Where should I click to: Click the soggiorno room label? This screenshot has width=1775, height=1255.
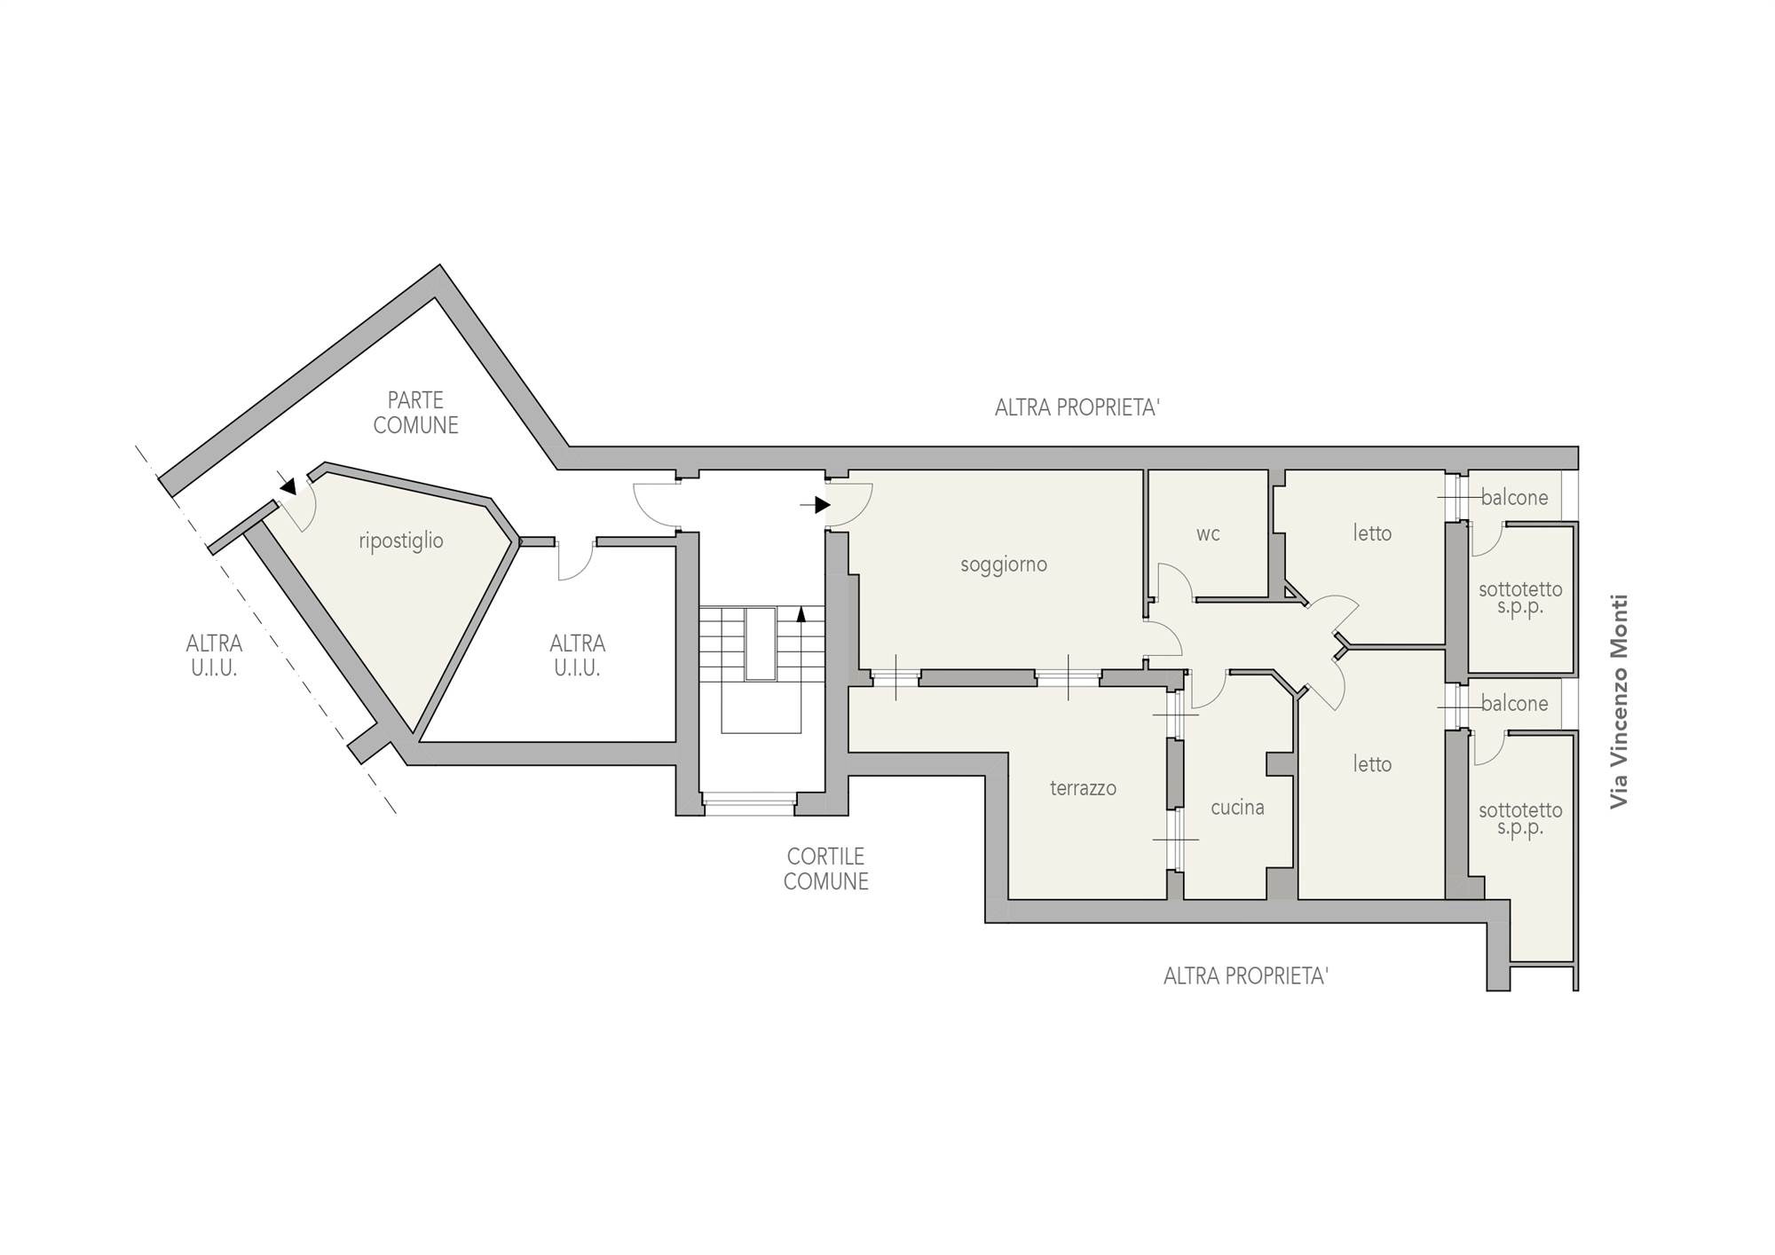[x=1004, y=564]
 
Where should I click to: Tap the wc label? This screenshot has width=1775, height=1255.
[x=1208, y=533]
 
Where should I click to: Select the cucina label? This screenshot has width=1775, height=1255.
[x=1237, y=808]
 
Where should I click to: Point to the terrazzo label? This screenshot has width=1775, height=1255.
[x=1083, y=788]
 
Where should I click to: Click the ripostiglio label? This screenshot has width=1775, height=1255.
[x=401, y=541]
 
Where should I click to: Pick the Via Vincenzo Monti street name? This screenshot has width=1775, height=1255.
[x=1620, y=701]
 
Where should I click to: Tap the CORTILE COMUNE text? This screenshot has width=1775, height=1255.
[x=825, y=869]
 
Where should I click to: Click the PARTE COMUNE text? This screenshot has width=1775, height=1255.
[x=415, y=413]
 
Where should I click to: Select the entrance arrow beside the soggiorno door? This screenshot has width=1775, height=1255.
[x=816, y=505]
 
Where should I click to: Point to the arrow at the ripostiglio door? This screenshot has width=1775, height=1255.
[x=288, y=485]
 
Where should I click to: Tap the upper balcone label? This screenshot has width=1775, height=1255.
[x=1514, y=498]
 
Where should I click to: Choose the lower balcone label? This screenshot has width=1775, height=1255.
[x=1514, y=704]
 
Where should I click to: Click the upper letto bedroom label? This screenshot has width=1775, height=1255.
[x=1372, y=533]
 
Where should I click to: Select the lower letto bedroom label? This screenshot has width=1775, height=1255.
[x=1372, y=764]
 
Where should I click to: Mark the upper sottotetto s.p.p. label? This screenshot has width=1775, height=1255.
[x=1520, y=599]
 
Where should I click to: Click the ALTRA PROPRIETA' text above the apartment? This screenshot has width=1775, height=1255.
[x=1077, y=407]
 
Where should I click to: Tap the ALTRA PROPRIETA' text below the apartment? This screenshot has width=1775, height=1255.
[x=1246, y=976]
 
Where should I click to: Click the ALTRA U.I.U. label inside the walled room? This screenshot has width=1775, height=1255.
[x=577, y=656]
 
